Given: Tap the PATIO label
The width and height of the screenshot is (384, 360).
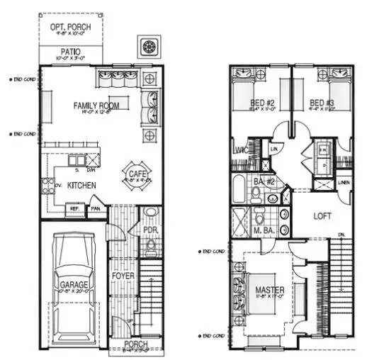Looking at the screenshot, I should click(69, 52).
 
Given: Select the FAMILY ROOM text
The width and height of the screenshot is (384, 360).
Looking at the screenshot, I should click(96, 106).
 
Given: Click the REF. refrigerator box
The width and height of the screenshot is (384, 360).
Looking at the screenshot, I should click(74, 209).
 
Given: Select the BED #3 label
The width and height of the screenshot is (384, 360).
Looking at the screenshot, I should click(322, 104).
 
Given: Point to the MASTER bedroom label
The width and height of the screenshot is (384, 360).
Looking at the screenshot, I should click(269, 290).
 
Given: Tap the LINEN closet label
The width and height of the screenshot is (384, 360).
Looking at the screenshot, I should click(344, 183).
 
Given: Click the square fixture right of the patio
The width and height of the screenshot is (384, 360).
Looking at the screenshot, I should click(149, 47).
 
